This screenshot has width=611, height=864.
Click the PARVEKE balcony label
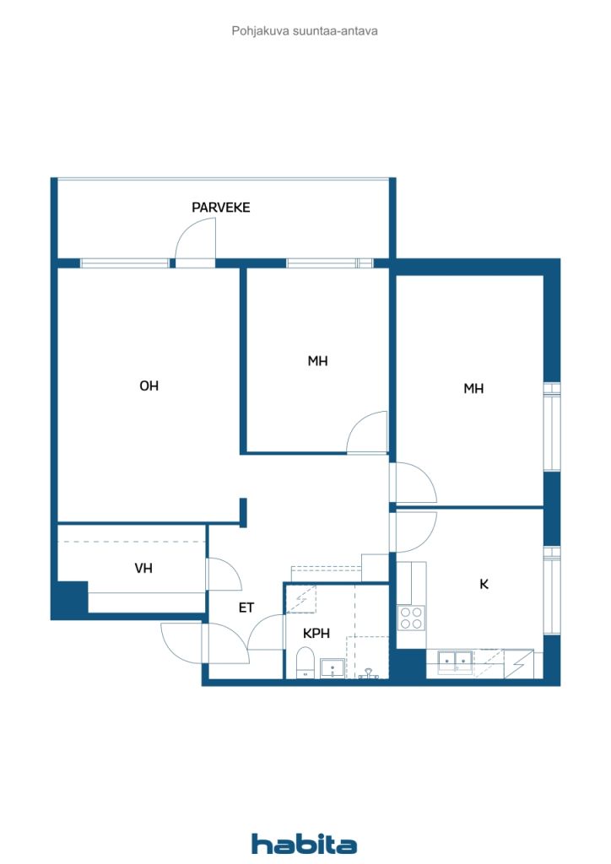(x=220, y=208)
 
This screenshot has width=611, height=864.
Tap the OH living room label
(x=149, y=386)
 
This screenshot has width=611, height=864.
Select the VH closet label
(x=143, y=568)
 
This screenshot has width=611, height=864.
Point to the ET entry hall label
(x=246, y=607)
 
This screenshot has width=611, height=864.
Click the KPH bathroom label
(x=316, y=634)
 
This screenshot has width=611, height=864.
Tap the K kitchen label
(x=484, y=584)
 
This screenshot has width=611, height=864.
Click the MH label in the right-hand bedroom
(x=473, y=388)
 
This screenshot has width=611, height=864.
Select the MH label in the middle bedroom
(x=317, y=361)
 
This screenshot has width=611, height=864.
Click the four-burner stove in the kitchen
(x=411, y=617)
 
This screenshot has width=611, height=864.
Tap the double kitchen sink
(x=456, y=661)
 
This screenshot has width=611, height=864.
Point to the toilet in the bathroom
(x=305, y=663)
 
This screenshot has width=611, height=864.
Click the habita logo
(x=304, y=844)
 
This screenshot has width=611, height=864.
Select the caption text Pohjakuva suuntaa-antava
(x=305, y=31)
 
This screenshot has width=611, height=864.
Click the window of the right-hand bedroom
(x=552, y=426)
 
